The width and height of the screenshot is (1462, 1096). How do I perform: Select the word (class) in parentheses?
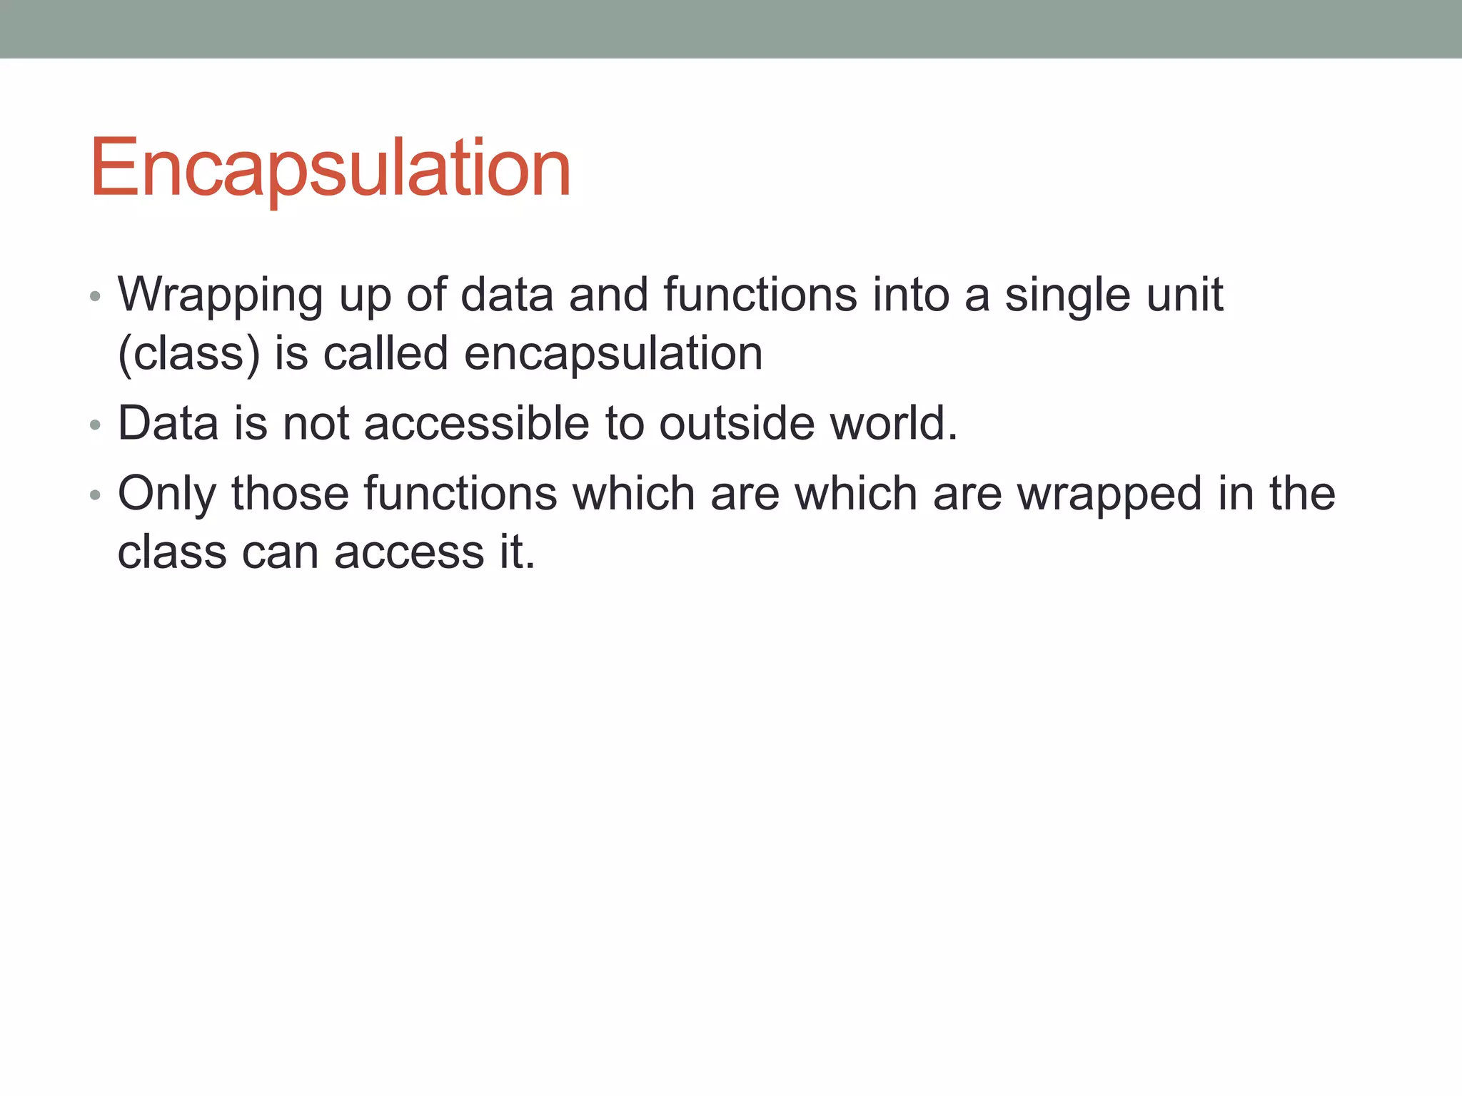click(x=189, y=354)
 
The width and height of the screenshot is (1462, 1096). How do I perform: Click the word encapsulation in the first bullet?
click(x=613, y=354)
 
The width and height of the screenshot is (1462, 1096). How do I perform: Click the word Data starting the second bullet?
click(x=168, y=423)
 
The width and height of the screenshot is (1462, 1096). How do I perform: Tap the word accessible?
click(x=476, y=423)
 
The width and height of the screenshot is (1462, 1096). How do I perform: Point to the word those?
click(x=290, y=493)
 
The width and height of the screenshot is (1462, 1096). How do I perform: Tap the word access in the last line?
click(x=409, y=553)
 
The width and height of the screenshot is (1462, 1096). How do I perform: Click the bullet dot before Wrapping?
click(x=96, y=297)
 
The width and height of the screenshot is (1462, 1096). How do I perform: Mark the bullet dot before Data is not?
click(x=96, y=425)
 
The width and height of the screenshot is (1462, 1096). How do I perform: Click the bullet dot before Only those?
click(x=96, y=495)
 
